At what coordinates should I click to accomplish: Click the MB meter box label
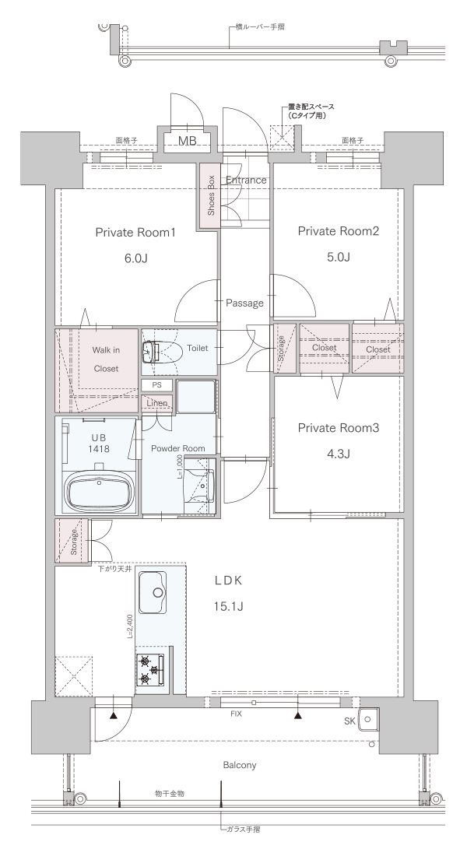(188, 142)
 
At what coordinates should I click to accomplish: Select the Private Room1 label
(135, 233)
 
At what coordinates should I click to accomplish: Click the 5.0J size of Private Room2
(338, 257)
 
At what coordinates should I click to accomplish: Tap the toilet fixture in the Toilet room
(159, 352)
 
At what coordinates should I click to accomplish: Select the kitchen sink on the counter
(153, 592)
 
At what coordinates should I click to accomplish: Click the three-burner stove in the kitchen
(151, 669)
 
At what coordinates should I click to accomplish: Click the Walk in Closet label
(106, 360)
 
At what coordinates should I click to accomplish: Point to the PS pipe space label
(157, 385)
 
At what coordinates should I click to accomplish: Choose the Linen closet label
(157, 403)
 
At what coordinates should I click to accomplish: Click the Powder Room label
(178, 448)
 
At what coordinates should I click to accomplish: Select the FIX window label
(236, 714)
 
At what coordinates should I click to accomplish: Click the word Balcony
(239, 765)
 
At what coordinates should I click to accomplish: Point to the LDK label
(228, 581)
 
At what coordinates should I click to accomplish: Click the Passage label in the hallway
(244, 303)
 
